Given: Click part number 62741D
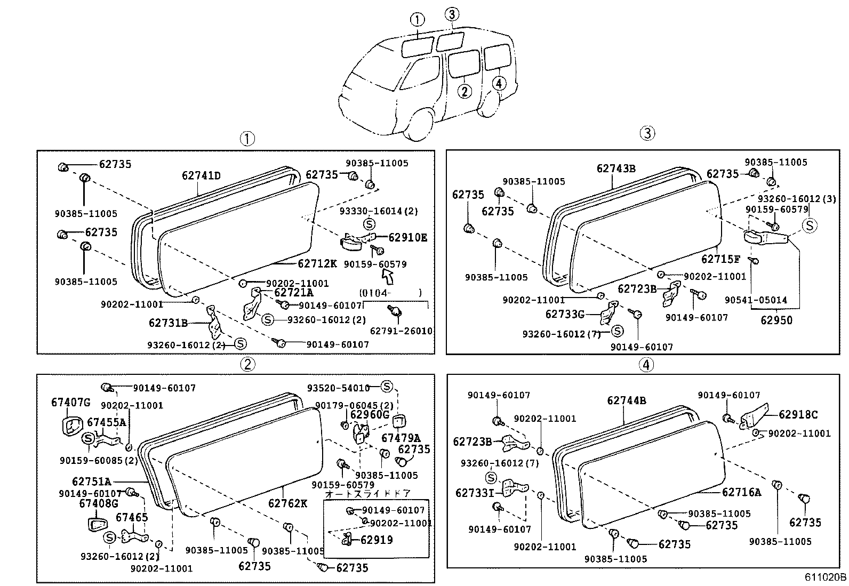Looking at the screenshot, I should tap(201, 175).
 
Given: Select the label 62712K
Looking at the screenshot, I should tap(317, 263).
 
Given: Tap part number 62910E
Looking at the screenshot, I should tap(407, 238).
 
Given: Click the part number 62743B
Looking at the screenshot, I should tap(616, 168).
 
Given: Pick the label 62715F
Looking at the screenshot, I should tap(720, 259).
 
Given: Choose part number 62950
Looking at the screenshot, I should tap(776, 320).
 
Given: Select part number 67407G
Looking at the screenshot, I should tap(71, 402).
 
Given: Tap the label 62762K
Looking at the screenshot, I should tap(288, 503).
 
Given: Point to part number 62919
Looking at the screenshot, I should tap(377, 540).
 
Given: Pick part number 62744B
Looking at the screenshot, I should tap(627, 400).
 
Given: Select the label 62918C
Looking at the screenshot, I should tap(798, 414).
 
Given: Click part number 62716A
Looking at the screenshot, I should tap(741, 492).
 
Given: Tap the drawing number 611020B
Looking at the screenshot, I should tap(826, 577).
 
